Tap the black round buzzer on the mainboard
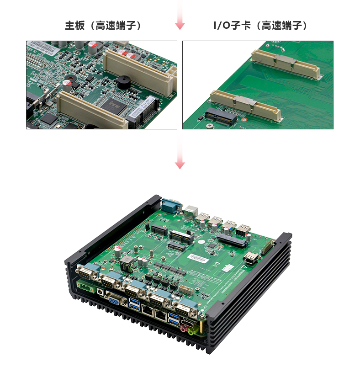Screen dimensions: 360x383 (124, 82)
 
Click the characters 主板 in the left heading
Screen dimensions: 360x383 (75, 26)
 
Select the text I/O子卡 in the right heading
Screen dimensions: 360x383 (232, 26)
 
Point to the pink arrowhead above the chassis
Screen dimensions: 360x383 (180, 165)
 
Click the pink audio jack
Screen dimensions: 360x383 (183, 329)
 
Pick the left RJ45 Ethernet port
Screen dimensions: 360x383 (148, 311)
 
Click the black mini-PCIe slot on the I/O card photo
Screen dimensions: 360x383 (221, 117)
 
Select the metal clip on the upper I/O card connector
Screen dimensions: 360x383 (285, 61)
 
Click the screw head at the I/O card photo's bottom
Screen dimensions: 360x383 (209, 126)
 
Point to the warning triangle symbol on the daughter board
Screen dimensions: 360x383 (244, 267)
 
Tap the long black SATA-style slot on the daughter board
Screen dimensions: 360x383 (232, 240)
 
